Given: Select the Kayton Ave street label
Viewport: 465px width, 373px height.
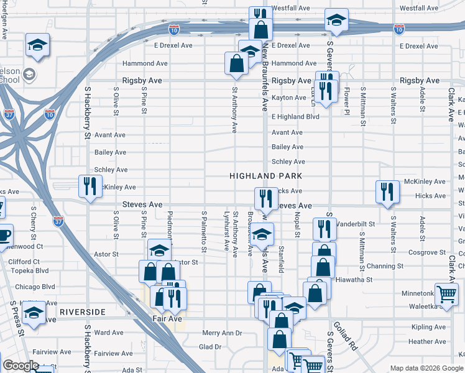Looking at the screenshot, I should pos(289,98).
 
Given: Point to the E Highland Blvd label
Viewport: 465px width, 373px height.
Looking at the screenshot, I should pos(295,116).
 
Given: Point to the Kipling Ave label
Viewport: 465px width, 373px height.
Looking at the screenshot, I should pos(428,327).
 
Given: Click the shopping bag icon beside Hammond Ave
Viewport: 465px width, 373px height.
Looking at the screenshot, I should pos(237,63).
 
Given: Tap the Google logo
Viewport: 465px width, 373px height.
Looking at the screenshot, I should pos(21,366).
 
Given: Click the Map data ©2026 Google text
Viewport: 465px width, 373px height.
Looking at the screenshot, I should pos(426,368).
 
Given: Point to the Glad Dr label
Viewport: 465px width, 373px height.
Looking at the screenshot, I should pos(210,347).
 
